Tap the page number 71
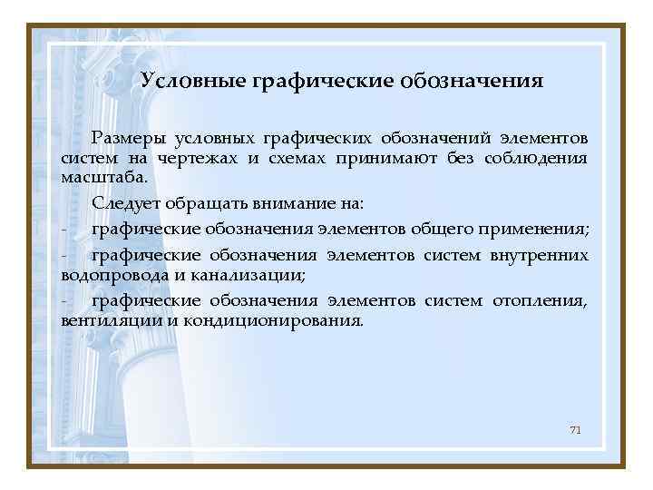pos(575,428)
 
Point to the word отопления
pos(541,301)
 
